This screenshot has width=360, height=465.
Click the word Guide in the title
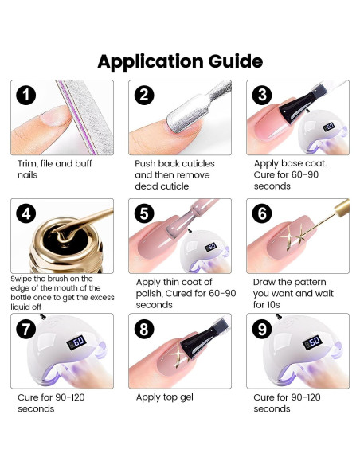click(x=236, y=61)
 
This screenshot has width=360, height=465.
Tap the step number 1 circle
click(x=26, y=96)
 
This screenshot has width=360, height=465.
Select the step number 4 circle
click(x=26, y=214)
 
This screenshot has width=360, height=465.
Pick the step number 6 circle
click(x=262, y=213)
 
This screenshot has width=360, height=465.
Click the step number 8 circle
click(x=144, y=329)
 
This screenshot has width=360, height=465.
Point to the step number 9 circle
click(x=262, y=329)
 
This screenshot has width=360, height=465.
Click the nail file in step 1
click(x=86, y=117)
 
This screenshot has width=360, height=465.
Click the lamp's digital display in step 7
click(x=76, y=342)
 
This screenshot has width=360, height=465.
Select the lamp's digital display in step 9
click(x=312, y=342)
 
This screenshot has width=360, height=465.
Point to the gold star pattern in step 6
click(x=294, y=236)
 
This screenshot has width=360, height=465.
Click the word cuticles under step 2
click(x=198, y=163)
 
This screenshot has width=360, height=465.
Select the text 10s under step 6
click(x=272, y=305)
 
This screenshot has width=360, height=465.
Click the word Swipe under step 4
click(x=19, y=279)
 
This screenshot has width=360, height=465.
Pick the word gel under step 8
click(x=186, y=397)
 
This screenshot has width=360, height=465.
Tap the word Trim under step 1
click(x=27, y=163)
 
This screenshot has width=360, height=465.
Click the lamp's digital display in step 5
click(x=211, y=247)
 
